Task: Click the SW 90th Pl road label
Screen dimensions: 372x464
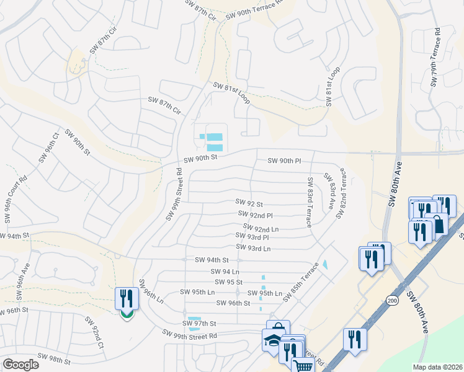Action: (284, 161)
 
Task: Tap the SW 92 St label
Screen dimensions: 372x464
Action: (249, 203)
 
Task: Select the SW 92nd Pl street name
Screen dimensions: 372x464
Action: (255, 215)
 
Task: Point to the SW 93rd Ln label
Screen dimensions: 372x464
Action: (254, 249)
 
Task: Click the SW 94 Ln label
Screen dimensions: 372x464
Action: (225, 272)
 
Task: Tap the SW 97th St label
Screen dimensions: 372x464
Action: (199, 324)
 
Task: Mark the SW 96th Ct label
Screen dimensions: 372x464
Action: (48, 147)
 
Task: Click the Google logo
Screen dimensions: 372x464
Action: (20, 365)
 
